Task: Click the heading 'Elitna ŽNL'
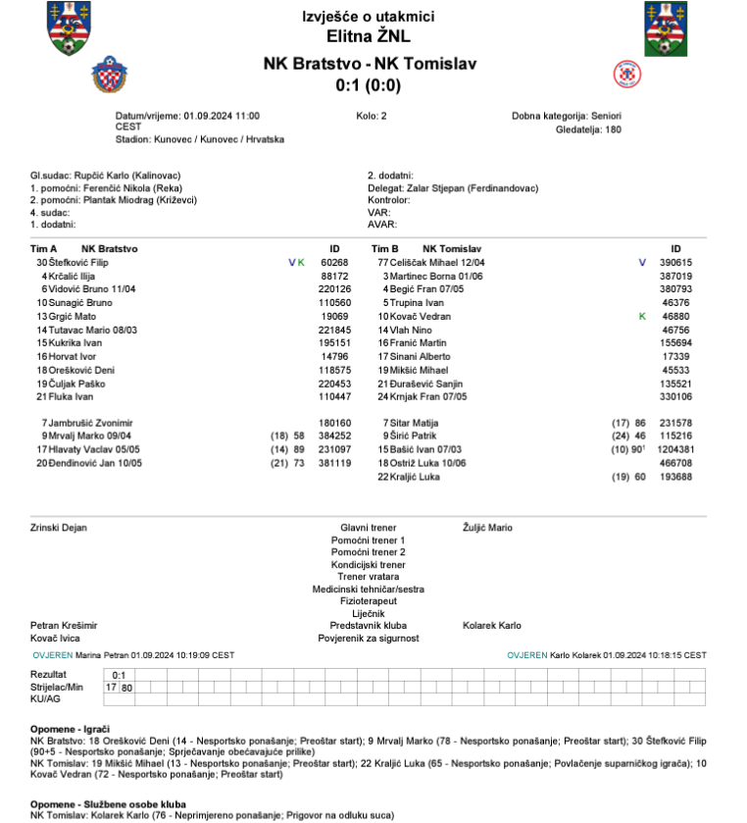(x=369, y=38)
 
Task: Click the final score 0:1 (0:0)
(x=369, y=85)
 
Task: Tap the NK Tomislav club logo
(x=625, y=74)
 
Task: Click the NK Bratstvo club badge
(x=108, y=73)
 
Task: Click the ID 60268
(x=334, y=263)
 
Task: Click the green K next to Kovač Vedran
(x=642, y=317)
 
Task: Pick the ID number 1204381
(x=674, y=449)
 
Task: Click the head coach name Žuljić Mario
(x=487, y=528)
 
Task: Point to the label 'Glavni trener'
(x=368, y=528)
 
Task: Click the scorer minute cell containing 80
(x=127, y=688)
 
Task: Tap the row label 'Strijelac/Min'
(x=55, y=688)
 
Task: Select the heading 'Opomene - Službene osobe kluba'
(x=103, y=803)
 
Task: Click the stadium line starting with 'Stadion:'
(x=200, y=140)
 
